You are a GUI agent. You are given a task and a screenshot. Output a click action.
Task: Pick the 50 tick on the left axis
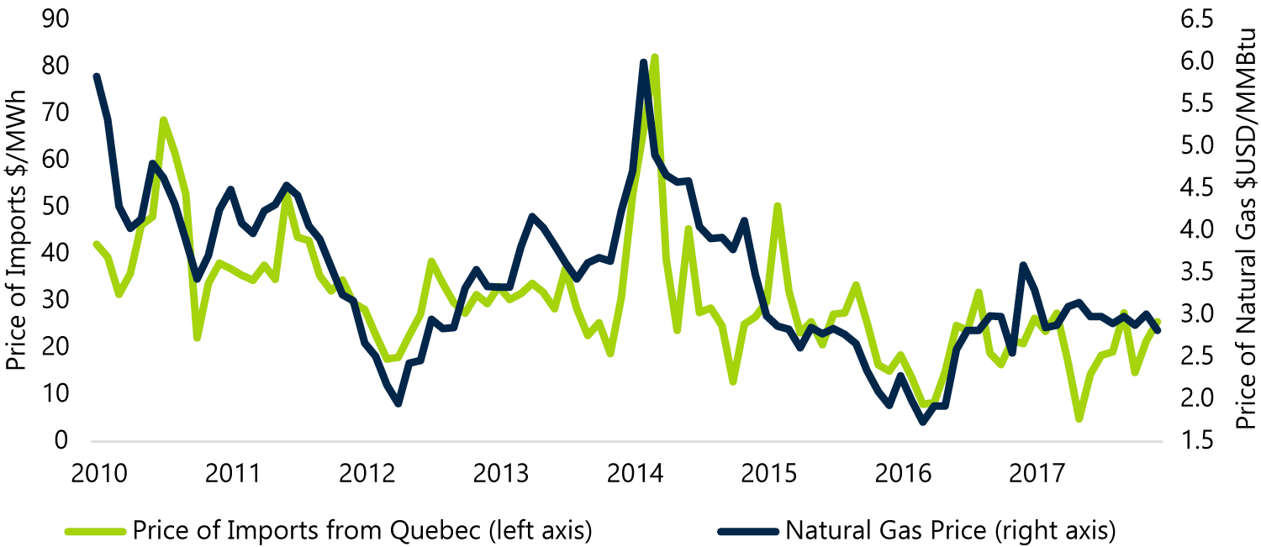[55, 207]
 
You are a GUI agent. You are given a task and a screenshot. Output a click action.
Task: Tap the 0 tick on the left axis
[61, 440]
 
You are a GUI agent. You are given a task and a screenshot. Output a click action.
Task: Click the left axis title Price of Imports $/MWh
[16, 230]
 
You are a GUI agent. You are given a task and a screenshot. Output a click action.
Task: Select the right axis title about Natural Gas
[1246, 230]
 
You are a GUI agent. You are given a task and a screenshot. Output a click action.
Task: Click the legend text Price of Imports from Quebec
[362, 530]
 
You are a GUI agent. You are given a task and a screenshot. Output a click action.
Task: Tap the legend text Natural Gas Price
[950, 530]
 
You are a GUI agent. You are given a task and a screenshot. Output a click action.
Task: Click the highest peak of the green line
[654, 57]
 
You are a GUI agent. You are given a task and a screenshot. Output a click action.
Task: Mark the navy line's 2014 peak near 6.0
[643, 62]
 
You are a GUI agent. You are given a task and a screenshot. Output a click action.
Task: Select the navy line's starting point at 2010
[97, 76]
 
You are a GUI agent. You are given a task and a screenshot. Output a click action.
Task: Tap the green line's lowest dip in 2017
[1079, 418]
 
